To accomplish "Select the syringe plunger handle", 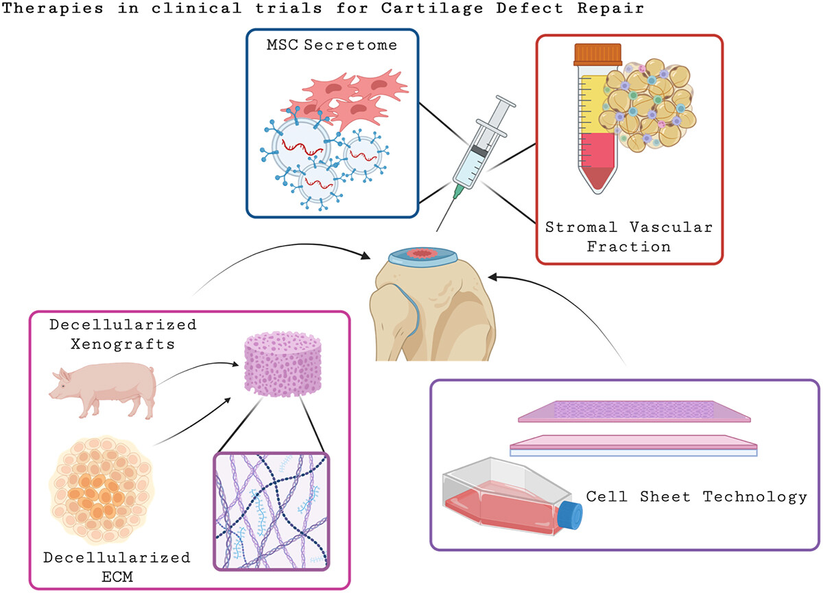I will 505,106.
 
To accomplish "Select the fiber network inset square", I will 272,510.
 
